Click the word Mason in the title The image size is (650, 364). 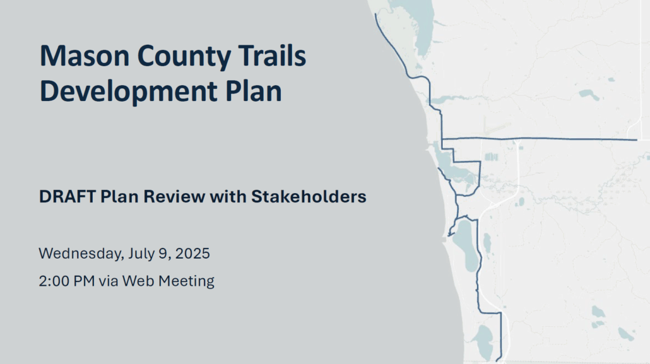[85, 56]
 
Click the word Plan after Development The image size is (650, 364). [253, 91]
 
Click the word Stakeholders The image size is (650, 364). [309, 197]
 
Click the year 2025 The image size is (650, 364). [192, 254]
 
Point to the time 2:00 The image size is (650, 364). [54, 281]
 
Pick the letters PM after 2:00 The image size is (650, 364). [84, 281]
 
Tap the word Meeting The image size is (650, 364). [187, 281]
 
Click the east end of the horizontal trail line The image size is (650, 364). [637, 139]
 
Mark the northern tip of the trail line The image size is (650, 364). [375, 14]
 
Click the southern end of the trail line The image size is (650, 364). [497, 361]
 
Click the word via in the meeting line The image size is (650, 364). [108, 281]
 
